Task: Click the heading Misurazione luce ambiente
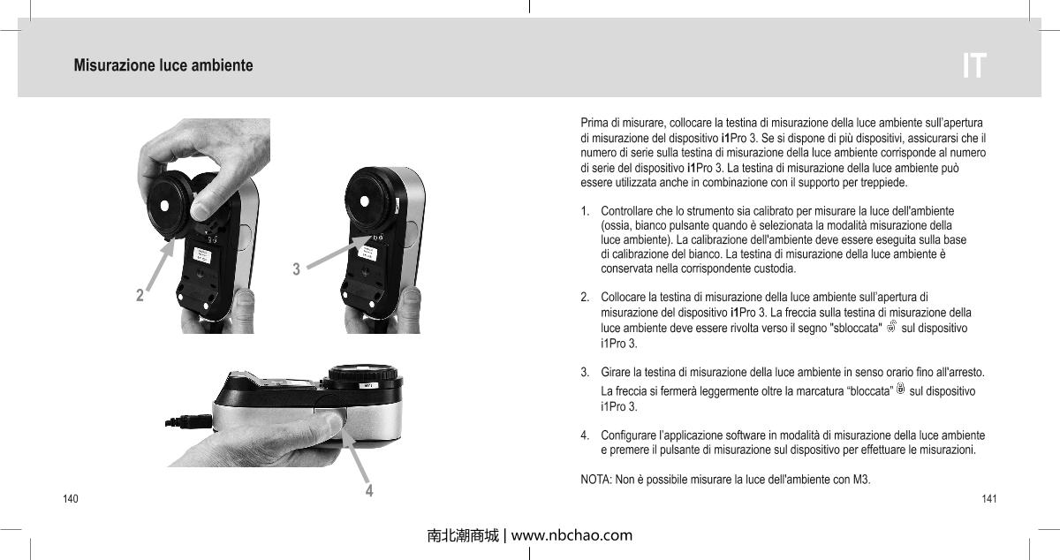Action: tap(163, 66)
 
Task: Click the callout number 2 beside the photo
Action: tap(140, 295)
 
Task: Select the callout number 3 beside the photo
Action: tap(297, 268)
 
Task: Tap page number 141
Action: tap(989, 499)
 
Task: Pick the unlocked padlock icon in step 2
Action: tap(890, 328)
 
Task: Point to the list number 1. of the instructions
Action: tap(586, 212)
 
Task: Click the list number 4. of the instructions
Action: tap(586, 435)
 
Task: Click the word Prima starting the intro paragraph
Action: tap(594, 120)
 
